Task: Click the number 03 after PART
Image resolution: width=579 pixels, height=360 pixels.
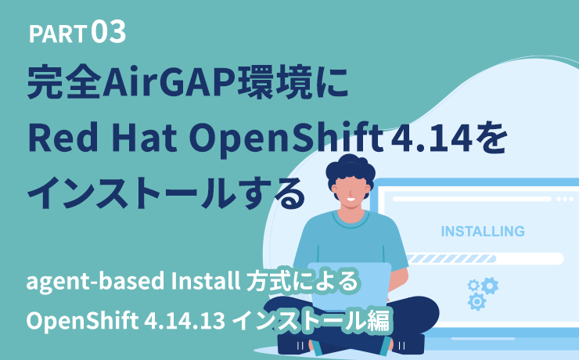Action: (109, 32)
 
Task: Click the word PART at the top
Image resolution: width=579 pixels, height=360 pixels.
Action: (58, 34)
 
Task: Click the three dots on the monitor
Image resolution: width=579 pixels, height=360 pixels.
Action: (564, 200)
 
